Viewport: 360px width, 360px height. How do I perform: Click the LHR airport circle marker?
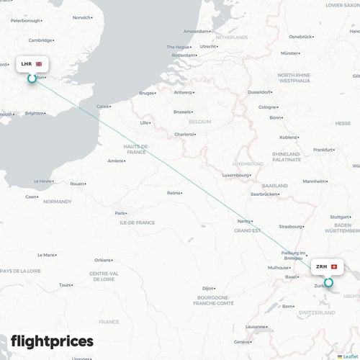coord(32,78)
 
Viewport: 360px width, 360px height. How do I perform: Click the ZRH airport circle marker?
coord(329,282)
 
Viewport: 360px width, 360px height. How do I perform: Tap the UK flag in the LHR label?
coord(39,64)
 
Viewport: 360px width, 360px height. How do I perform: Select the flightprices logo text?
coord(52,341)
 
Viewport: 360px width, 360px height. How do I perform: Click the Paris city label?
coord(121,213)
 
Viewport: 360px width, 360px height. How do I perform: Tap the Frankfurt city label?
coord(325,149)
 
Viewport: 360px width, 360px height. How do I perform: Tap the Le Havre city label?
coord(43,181)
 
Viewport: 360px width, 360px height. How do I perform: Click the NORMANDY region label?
coord(58,202)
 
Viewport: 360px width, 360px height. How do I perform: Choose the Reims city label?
coord(174,193)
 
